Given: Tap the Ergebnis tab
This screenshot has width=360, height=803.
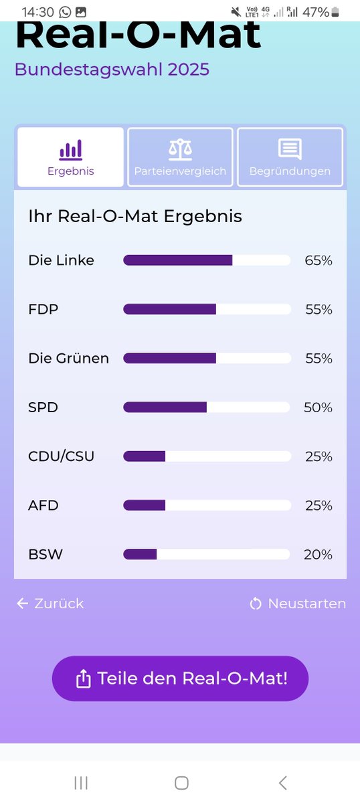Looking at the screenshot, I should (70, 157).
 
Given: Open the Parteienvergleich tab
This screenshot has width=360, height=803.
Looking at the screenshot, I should (180, 157).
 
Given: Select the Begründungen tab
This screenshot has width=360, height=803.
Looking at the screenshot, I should (290, 157).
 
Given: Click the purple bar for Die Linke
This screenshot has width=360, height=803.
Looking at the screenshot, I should (178, 260).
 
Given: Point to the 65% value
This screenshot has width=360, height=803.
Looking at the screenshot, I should (318, 260).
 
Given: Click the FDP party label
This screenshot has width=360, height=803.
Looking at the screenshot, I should (43, 309).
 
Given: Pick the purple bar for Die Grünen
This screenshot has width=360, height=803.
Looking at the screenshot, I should (170, 358).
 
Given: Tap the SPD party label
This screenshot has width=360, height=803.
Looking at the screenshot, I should (43, 407).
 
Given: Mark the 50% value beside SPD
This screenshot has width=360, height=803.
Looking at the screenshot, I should (318, 407).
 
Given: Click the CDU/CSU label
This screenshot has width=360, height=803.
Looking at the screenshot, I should (61, 456).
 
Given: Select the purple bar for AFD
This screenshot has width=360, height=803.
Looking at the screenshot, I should (145, 505).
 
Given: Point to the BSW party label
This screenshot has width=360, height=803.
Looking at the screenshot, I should (45, 554).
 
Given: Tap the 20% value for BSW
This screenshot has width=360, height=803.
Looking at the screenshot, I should (318, 554).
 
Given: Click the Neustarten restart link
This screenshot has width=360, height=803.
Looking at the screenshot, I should (298, 604).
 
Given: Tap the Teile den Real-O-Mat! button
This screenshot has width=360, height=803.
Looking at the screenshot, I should (180, 679).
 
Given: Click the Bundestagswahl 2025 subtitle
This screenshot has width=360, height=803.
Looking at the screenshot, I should (112, 70).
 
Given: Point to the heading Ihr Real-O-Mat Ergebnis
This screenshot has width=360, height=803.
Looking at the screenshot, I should (135, 216).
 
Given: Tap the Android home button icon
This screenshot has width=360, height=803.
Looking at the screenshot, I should (181, 783).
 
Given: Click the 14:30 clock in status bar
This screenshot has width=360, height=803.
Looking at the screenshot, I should (37, 12).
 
